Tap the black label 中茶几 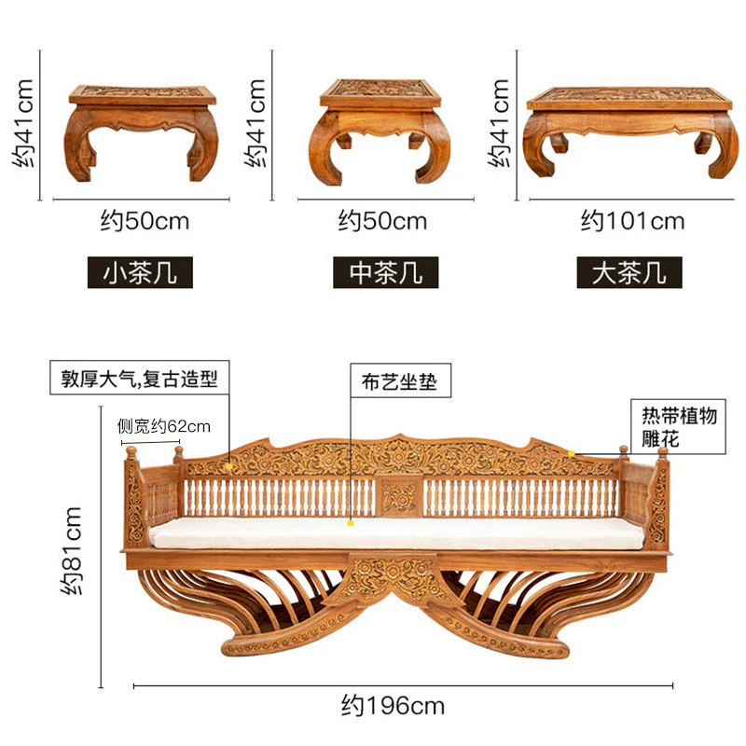click(x=385, y=273)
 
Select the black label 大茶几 click(x=629, y=273)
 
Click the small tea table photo click(x=142, y=131)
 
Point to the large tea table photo click(x=630, y=131)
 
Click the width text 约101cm click(x=632, y=221)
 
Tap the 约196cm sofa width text click(x=392, y=705)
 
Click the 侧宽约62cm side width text click(x=164, y=426)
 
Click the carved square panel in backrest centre click(x=399, y=498)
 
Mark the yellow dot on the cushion click(x=352, y=523)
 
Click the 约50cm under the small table click(x=145, y=221)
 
